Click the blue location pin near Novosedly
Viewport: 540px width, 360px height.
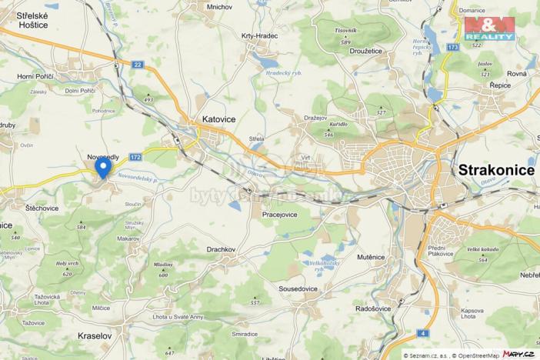(x=102, y=165)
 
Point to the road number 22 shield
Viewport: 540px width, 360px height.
(x=137, y=65)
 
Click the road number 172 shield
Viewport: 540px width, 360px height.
(x=135, y=156)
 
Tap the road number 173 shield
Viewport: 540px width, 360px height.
(x=453, y=48)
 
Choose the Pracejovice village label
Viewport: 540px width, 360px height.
(x=280, y=215)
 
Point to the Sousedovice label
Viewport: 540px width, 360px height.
(x=298, y=288)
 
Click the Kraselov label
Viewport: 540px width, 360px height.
(x=95, y=336)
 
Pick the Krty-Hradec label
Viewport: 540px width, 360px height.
(x=260, y=35)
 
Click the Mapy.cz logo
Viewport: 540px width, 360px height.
(x=518, y=353)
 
